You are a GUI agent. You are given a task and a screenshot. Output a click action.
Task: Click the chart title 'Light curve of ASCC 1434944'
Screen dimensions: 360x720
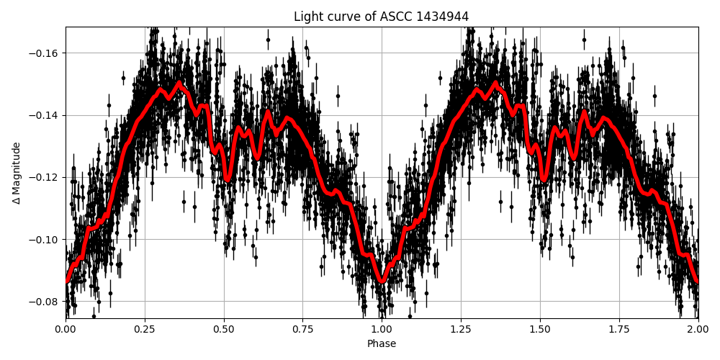click(382, 17)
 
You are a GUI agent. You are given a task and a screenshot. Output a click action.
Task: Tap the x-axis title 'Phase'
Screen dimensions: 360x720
click(382, 344)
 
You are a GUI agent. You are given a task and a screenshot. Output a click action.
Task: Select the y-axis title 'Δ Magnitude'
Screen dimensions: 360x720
click(17, 173)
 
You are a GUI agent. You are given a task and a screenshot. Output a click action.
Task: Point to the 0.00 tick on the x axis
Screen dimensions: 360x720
click(66, 330)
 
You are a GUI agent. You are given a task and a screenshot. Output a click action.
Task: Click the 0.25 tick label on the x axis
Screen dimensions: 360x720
click(145, 330)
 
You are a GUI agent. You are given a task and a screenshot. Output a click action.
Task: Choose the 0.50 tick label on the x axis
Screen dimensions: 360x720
click(224, 330)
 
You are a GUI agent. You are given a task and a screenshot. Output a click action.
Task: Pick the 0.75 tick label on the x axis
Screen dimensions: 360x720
click(302, 330)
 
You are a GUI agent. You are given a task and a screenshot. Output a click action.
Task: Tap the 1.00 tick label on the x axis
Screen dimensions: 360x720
click(382, 330)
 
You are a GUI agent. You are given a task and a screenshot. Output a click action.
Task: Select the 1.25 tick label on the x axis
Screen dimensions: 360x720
click(461, 330)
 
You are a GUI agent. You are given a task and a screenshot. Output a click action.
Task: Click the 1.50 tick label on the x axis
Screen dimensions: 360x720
click(540, 330)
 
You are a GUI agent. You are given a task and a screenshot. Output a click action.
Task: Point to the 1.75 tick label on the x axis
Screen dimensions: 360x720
click(619, 330)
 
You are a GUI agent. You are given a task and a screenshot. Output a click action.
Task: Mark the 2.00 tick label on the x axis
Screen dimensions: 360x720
click(698, 330)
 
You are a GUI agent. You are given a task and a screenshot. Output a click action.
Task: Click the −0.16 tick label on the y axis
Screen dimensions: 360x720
click(45, 53)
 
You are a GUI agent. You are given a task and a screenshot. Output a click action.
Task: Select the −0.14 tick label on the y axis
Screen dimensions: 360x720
click(45, 115)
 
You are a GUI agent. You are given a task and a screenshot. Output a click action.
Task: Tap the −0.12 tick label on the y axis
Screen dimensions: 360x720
click(45, 177)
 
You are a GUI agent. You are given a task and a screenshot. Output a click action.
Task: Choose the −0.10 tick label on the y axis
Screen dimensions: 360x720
click(45, 240)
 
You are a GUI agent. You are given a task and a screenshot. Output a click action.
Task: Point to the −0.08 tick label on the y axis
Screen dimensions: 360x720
click(45, 302)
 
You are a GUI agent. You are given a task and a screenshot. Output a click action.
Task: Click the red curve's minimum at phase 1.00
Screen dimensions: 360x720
click(382, 282)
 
